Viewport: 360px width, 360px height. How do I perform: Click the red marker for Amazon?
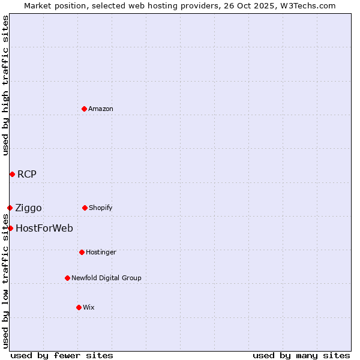(x=85, y=109)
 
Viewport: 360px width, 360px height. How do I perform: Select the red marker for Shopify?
(x=85, y=208)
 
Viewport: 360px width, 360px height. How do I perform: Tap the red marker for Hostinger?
(x=82, y=252)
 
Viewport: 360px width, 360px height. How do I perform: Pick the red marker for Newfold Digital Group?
(x=67, y=278)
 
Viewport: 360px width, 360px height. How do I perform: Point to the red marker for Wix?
(x=79, y=307)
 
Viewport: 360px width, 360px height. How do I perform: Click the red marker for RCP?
(x=12, y=174)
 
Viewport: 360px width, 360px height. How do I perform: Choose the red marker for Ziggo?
(x=10, y=208)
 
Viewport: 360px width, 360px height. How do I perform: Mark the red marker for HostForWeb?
(x=10, y=228)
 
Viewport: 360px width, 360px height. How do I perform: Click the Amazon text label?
(x=101, y=109)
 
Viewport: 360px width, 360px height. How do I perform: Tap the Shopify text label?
(x=101, y=208)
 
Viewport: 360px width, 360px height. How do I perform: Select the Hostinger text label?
(x=101, y=252)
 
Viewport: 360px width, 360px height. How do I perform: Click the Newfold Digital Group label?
(x=106, y=278)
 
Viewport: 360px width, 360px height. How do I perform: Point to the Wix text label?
(x=89, y=307)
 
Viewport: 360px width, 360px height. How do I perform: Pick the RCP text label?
(x=27, y=175)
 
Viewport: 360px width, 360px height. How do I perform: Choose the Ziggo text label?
(x=29, y=208)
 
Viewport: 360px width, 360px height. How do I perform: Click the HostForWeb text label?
(x=44, y=228)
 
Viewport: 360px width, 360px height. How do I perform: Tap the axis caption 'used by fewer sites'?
(x=62, y=355)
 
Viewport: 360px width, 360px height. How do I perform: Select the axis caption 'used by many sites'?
(x=301, y=355)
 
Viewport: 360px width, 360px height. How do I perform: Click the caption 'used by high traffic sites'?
(x=5, y=85)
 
